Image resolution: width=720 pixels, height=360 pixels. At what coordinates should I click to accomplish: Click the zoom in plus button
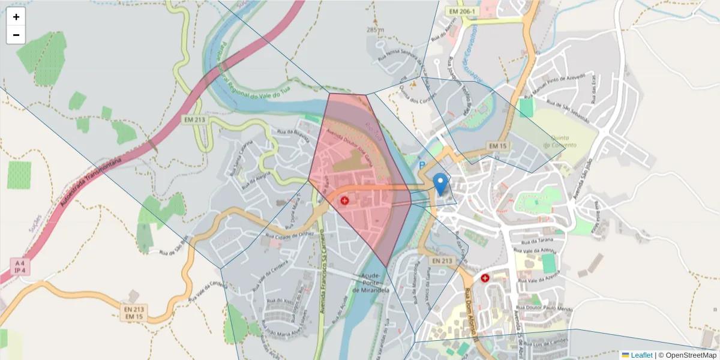16,17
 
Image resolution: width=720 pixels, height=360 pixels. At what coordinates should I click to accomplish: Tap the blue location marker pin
440,184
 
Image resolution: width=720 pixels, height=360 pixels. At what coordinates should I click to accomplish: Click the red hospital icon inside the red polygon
345,200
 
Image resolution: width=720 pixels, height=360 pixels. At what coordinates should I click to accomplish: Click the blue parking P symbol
422,165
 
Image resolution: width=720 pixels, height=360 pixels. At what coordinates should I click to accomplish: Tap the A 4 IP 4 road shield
20,267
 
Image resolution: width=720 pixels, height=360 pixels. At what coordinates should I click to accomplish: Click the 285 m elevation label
374,29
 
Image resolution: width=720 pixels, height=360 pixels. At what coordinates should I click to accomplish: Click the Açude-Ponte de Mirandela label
371,283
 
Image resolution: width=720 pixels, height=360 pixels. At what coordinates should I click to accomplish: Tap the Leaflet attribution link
641,355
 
